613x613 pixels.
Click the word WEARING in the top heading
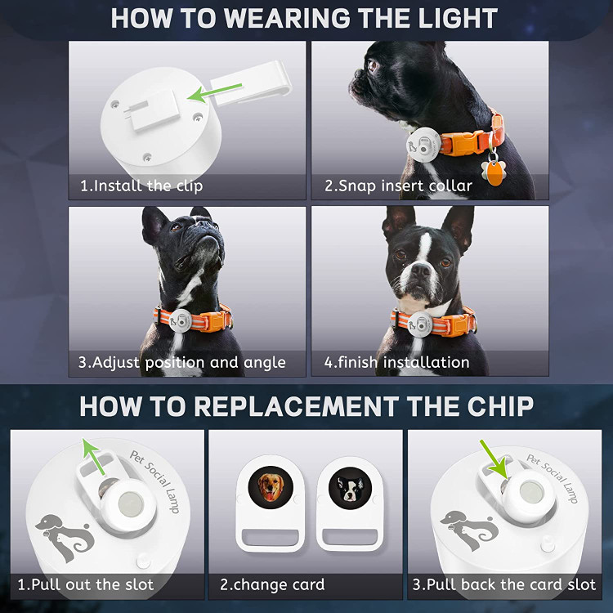pos(288,18)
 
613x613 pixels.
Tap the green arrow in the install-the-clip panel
pos(214,92)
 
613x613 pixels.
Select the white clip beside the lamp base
pos(251,83)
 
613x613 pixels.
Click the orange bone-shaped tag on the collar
pos(494,172)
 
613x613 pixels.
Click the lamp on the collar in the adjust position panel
pos(181,320)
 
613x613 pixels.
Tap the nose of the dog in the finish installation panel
pos(420,270)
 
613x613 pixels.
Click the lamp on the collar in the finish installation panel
pos(419,324)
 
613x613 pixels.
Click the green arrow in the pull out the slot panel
pos(93,456)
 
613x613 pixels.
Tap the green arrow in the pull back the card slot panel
pos(494,459)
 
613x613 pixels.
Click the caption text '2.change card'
pos(272,585)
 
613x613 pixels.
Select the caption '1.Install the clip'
pos(141,186)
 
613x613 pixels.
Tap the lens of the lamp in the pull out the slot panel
pos(131,503)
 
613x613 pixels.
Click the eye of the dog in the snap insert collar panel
pos(372,65)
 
